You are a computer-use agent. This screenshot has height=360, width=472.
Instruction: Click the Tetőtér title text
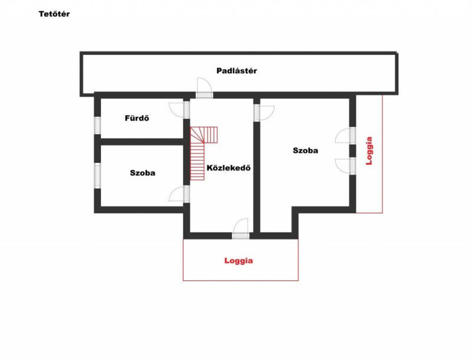(x=54, y=14)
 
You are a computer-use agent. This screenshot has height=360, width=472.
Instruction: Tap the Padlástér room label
(x=237, y=71)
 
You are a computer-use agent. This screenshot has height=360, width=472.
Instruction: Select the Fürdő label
(x=137, y=118)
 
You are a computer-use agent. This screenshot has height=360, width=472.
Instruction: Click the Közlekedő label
(x=228, y=168)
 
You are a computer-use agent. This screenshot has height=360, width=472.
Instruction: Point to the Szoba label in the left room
(x=143, y=173)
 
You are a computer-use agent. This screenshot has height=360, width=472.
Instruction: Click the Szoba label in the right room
(x=305, y=150)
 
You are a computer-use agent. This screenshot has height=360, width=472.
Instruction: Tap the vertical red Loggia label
(x=369, y=150)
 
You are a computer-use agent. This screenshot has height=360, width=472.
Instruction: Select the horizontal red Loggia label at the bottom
(x=238, y=261)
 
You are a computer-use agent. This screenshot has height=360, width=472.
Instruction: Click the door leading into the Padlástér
(x=204, y=87)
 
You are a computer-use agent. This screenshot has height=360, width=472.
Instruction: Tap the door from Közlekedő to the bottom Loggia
(x=241, y=229)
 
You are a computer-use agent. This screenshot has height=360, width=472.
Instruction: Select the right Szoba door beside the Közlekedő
(x=264, y=113)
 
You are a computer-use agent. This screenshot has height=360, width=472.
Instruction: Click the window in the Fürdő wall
(x=97, y=125)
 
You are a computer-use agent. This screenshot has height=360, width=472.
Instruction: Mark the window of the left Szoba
(x=97, y=175)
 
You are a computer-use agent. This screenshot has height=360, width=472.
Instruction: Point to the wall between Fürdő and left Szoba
(x=142, y=142)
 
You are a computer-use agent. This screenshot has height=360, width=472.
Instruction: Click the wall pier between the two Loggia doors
(x=352, y=151)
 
